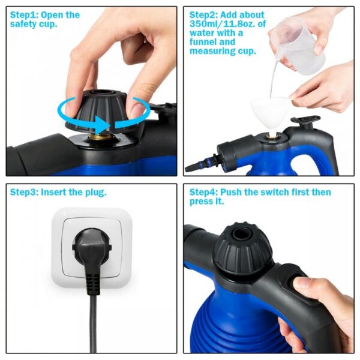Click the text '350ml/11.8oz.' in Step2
[220, 23]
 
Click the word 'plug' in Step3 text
[95, 193]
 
